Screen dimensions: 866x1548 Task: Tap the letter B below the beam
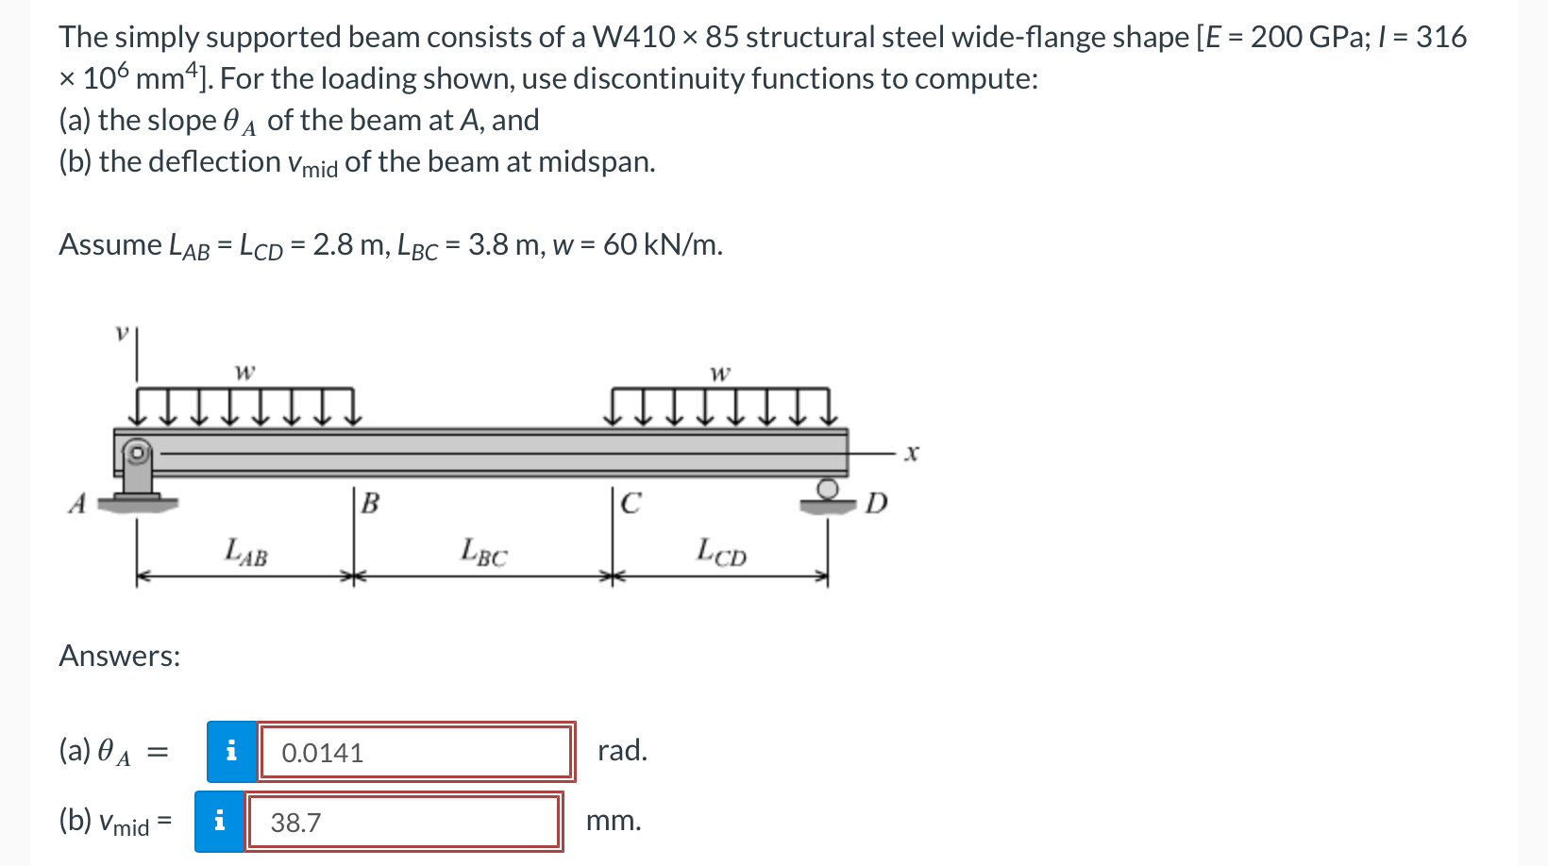[370, 504]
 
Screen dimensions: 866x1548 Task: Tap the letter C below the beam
[631, 504]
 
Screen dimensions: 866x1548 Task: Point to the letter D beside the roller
[876, 504]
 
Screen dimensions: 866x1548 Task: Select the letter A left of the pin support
[78, 504]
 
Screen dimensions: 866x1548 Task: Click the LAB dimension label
[245, 551]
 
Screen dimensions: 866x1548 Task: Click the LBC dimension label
[483, 551]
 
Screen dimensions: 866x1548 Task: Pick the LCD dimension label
[721, 551]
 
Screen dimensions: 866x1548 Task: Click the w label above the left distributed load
[244, 372]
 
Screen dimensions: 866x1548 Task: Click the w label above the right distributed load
[719, 374]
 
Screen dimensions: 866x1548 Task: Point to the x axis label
[910, 454]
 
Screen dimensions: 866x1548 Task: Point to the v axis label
[121, 332]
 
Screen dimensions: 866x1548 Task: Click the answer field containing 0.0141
[416, 752]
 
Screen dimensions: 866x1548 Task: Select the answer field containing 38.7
[404, 823]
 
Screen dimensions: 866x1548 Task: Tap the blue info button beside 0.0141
[231, 752]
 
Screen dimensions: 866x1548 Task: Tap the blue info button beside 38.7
[219, 823]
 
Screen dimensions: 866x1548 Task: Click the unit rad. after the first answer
[622, 751]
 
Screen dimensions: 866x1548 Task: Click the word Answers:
[120, 656]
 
